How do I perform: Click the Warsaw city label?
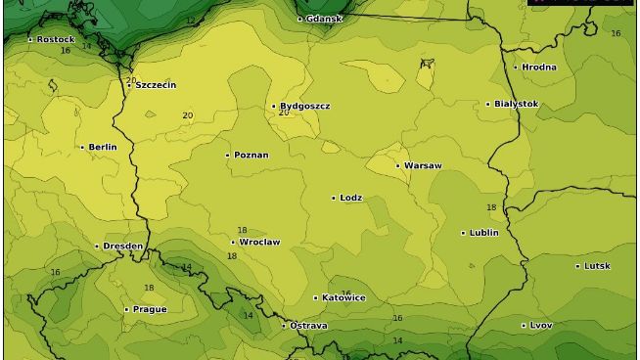point(423,165)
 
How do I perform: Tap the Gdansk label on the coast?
point(324,19)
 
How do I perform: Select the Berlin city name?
point(103,148)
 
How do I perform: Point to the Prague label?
point(150,309)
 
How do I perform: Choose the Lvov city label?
point(541,325)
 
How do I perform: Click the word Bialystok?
point(516,104)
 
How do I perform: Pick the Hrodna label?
point(539,67)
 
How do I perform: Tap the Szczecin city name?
point(156,85)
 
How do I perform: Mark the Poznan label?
point(251,155)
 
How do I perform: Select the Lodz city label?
point(350,198)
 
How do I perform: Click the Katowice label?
point(343,297)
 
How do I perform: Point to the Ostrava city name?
point(308,325)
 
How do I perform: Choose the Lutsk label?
point(598,266)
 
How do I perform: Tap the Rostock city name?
point(56,39)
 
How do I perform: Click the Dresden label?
point(123,246)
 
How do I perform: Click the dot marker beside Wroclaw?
point(233,242)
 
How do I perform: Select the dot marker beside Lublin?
point(463,233)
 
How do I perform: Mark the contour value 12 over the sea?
point(190,21)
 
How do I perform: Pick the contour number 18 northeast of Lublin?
point(491,207)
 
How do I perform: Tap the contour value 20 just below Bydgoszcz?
point(284,112)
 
